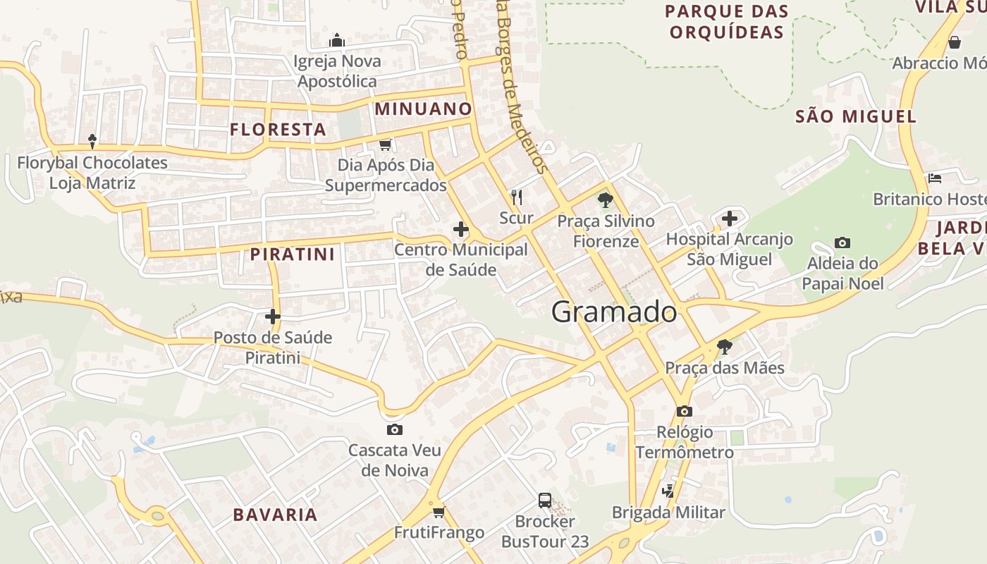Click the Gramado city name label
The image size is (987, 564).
click(x=614, y=312)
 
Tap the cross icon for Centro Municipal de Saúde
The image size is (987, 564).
click(x=461, y=229)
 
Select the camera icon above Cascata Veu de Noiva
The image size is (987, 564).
click(x=395, y=429)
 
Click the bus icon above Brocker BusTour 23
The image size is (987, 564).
click(x=545, y=501)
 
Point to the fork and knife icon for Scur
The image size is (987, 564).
click(x=517, y=197)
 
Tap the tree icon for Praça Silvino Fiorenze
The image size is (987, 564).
click(x=605, y=200)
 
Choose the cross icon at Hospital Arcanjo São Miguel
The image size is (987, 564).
click(x=730, y=218)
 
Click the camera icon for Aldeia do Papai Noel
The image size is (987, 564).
click(x=842, y=243)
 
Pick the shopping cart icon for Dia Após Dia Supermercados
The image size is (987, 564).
click(x=385, y=145)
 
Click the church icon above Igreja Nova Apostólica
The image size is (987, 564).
click(x=337, y=40)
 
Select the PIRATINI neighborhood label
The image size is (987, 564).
click(x=293, y=255)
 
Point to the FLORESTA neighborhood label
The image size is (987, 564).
click(x=278, y=130)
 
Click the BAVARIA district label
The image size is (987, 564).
click(x=275, y=515)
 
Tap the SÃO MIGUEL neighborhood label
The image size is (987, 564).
click(x=856, y=117)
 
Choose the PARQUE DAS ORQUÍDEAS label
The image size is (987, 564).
click(x=727, y=22)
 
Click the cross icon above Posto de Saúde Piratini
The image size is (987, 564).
click(x=273, y=317)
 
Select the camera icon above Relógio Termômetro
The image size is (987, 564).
click(x=685, y=411)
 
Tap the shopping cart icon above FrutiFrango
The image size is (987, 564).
click(x=439, y=512)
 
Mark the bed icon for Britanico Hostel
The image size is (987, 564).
click(x=935, y=178)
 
